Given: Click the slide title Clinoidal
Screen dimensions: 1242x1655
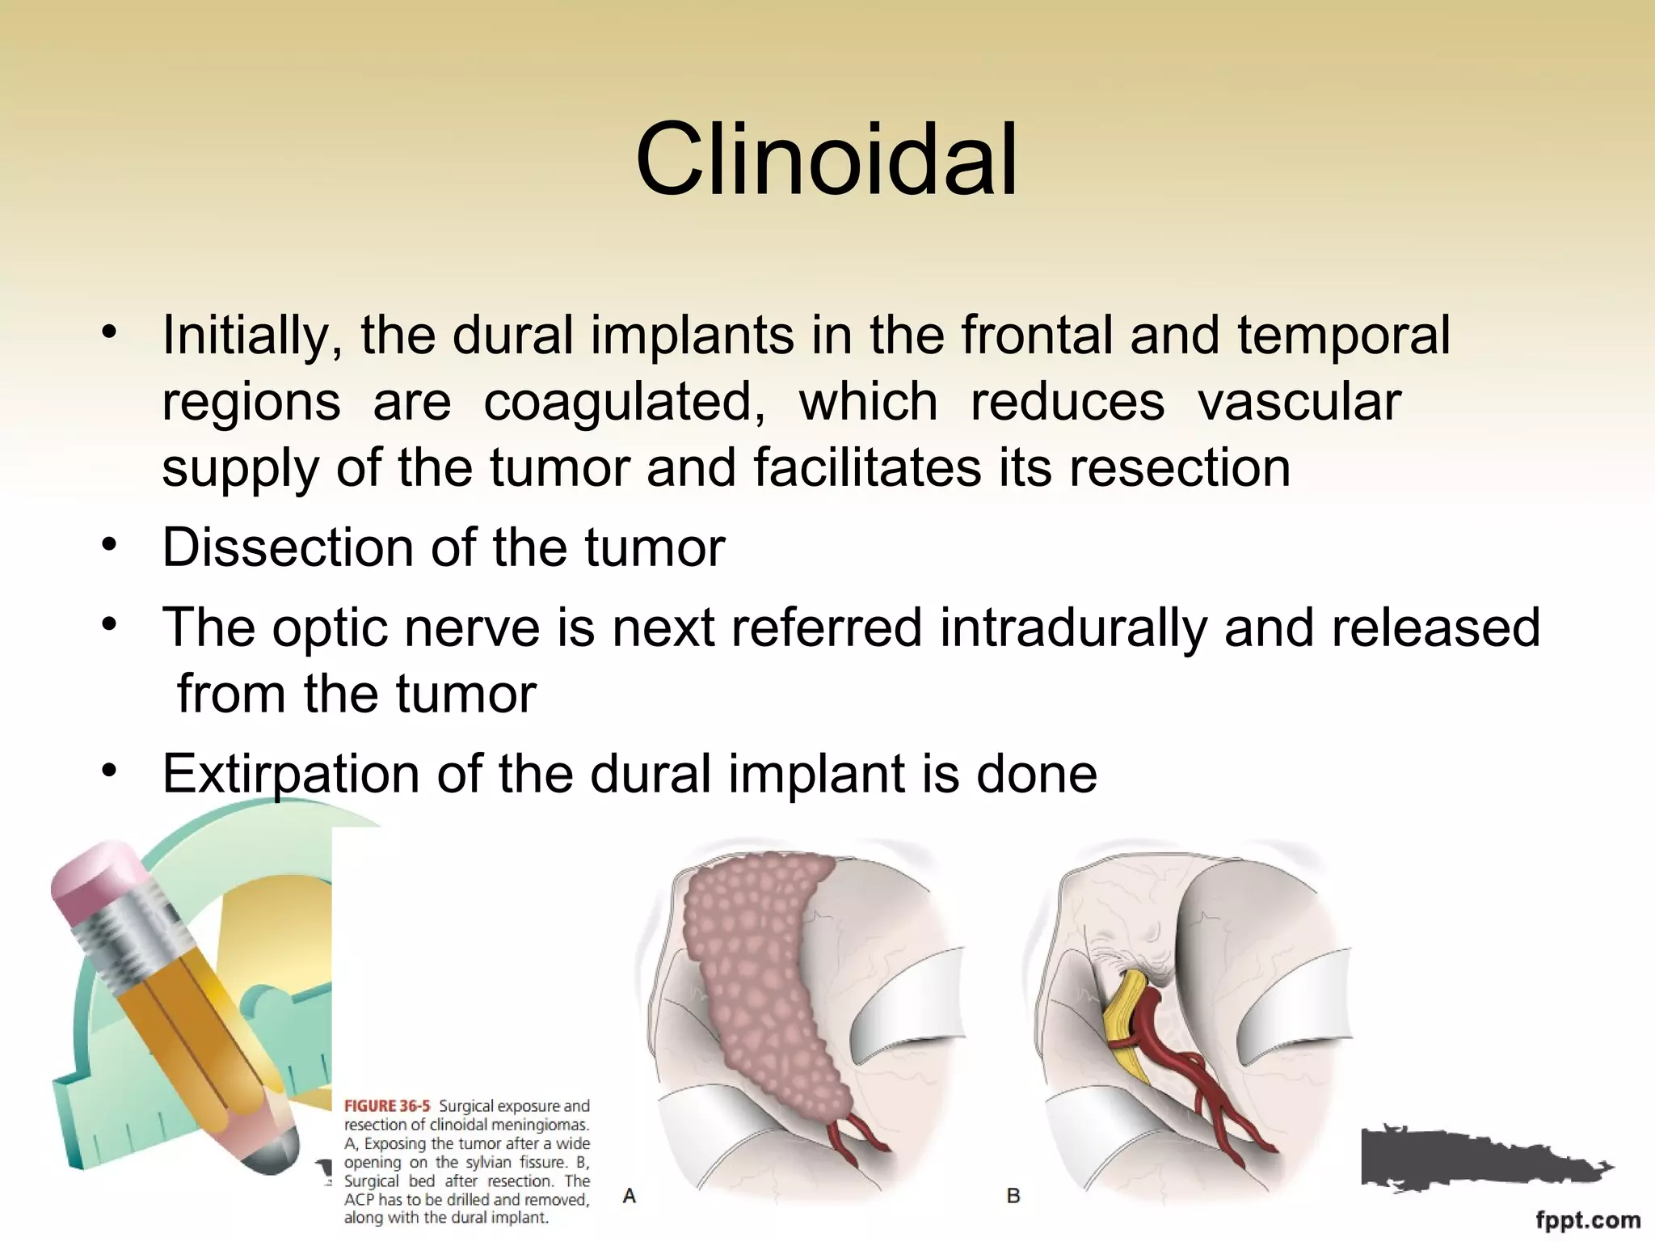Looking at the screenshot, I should point(826,159).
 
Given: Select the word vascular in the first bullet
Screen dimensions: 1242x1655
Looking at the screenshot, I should point(1299,402).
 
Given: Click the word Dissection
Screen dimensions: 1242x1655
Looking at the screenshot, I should point(288,547).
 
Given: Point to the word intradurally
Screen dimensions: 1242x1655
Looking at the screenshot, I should point(1072,627).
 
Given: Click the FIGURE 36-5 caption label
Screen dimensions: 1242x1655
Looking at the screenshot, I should point(388,1105).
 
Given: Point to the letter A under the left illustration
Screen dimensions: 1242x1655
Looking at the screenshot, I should point(630,1195).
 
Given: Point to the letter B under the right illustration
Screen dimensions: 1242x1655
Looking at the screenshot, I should point(1013,1195).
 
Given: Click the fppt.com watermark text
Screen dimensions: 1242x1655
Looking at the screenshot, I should point(1587,1220).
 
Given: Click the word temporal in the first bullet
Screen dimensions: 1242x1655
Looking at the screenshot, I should point(1343,336).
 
